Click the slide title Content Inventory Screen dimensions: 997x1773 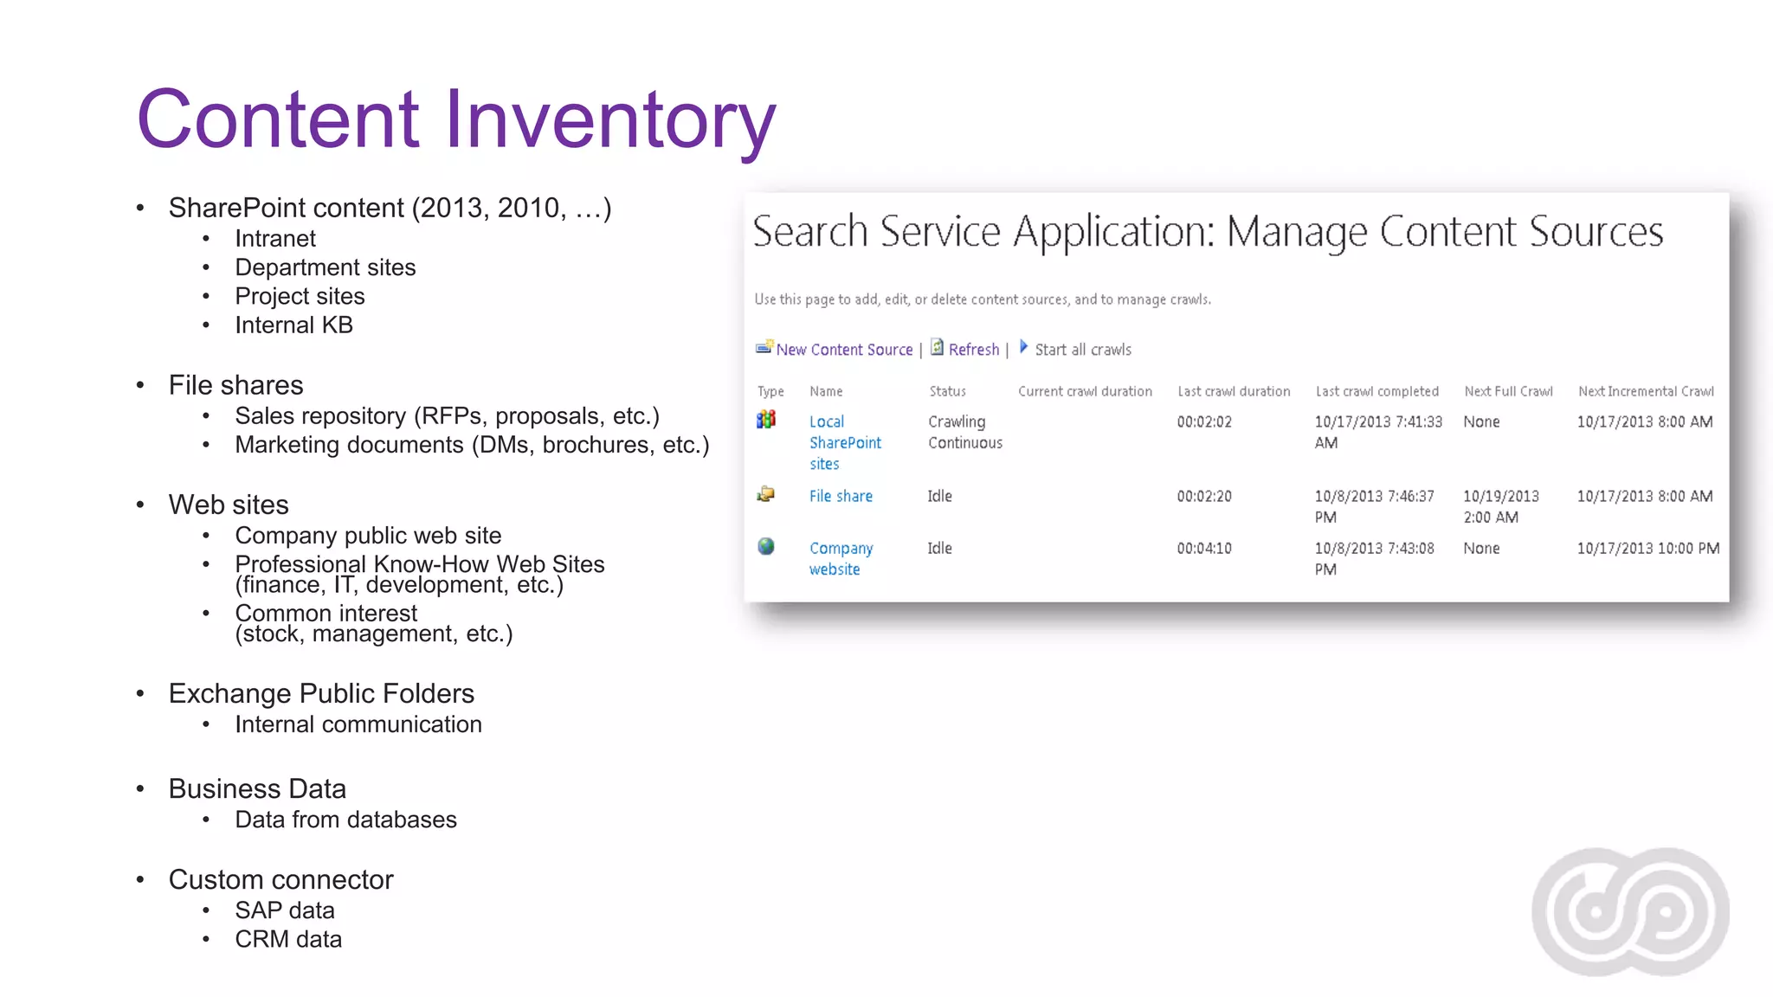(x=456, y=119)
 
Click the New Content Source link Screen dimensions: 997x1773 (x=843, y=350)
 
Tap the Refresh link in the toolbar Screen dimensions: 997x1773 (x=973, y=350)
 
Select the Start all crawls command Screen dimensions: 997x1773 (x=1082, y=350)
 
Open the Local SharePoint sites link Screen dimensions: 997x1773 (x=844, y=442)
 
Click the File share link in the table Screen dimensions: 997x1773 (x=841, y=496)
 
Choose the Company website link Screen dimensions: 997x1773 (x=841, y=558)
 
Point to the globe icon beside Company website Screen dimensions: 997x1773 (x=766, y=547)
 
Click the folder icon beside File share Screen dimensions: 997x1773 (x=766, y=494)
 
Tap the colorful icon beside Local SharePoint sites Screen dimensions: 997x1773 (x=766, y=420)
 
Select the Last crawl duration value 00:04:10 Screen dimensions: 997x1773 (x=1203, y=549)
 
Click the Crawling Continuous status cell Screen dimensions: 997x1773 (x=964, y=432)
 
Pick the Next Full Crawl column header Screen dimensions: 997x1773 (x=1508, y=391)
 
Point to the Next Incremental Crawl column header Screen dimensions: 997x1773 (x=1645, y=391)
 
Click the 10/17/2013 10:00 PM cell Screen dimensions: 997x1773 (x=1647, y=549)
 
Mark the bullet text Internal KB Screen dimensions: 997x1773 (x=293, y=325)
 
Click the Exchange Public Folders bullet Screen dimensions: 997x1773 (x=321, y=694)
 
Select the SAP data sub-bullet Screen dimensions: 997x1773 (x=284, y=910)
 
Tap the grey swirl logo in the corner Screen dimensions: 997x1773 (x=1630, y=911)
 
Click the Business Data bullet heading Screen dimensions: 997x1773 (x=257, y=789)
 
